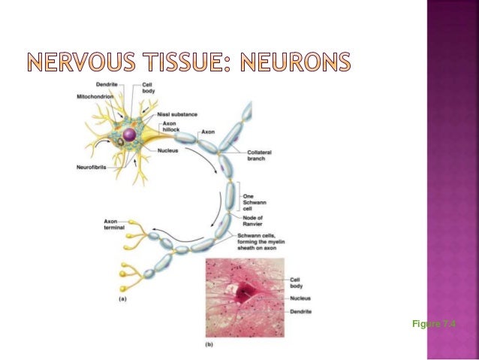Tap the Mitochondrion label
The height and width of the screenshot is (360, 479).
click(94, 96)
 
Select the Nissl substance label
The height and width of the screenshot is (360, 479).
click(178, 114)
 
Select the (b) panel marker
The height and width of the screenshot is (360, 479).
click(211, 346)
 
